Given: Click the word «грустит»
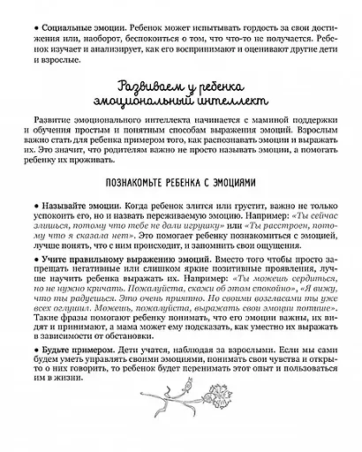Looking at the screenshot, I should click(x=207, y=203).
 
